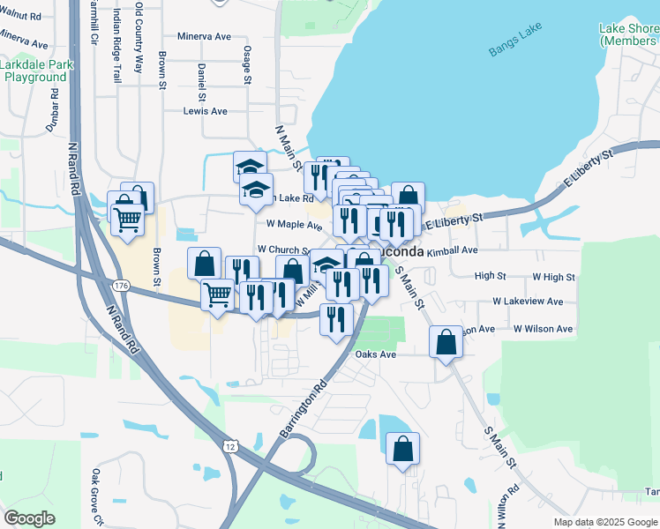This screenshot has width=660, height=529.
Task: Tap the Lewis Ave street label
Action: click(205, 111)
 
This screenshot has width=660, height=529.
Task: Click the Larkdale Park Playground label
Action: click(35, 71)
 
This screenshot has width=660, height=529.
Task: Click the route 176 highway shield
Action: click(121, 285)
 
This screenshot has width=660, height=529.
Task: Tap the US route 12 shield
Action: click(230, 447)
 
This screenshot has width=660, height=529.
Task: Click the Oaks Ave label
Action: click(376, 354)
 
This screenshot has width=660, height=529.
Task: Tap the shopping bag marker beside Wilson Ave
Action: click(446, 340)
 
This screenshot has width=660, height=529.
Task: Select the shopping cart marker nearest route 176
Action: click(217, 294)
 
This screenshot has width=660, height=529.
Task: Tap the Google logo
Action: click(29, 518)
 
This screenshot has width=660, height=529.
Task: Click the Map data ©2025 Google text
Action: click(604, 522)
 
